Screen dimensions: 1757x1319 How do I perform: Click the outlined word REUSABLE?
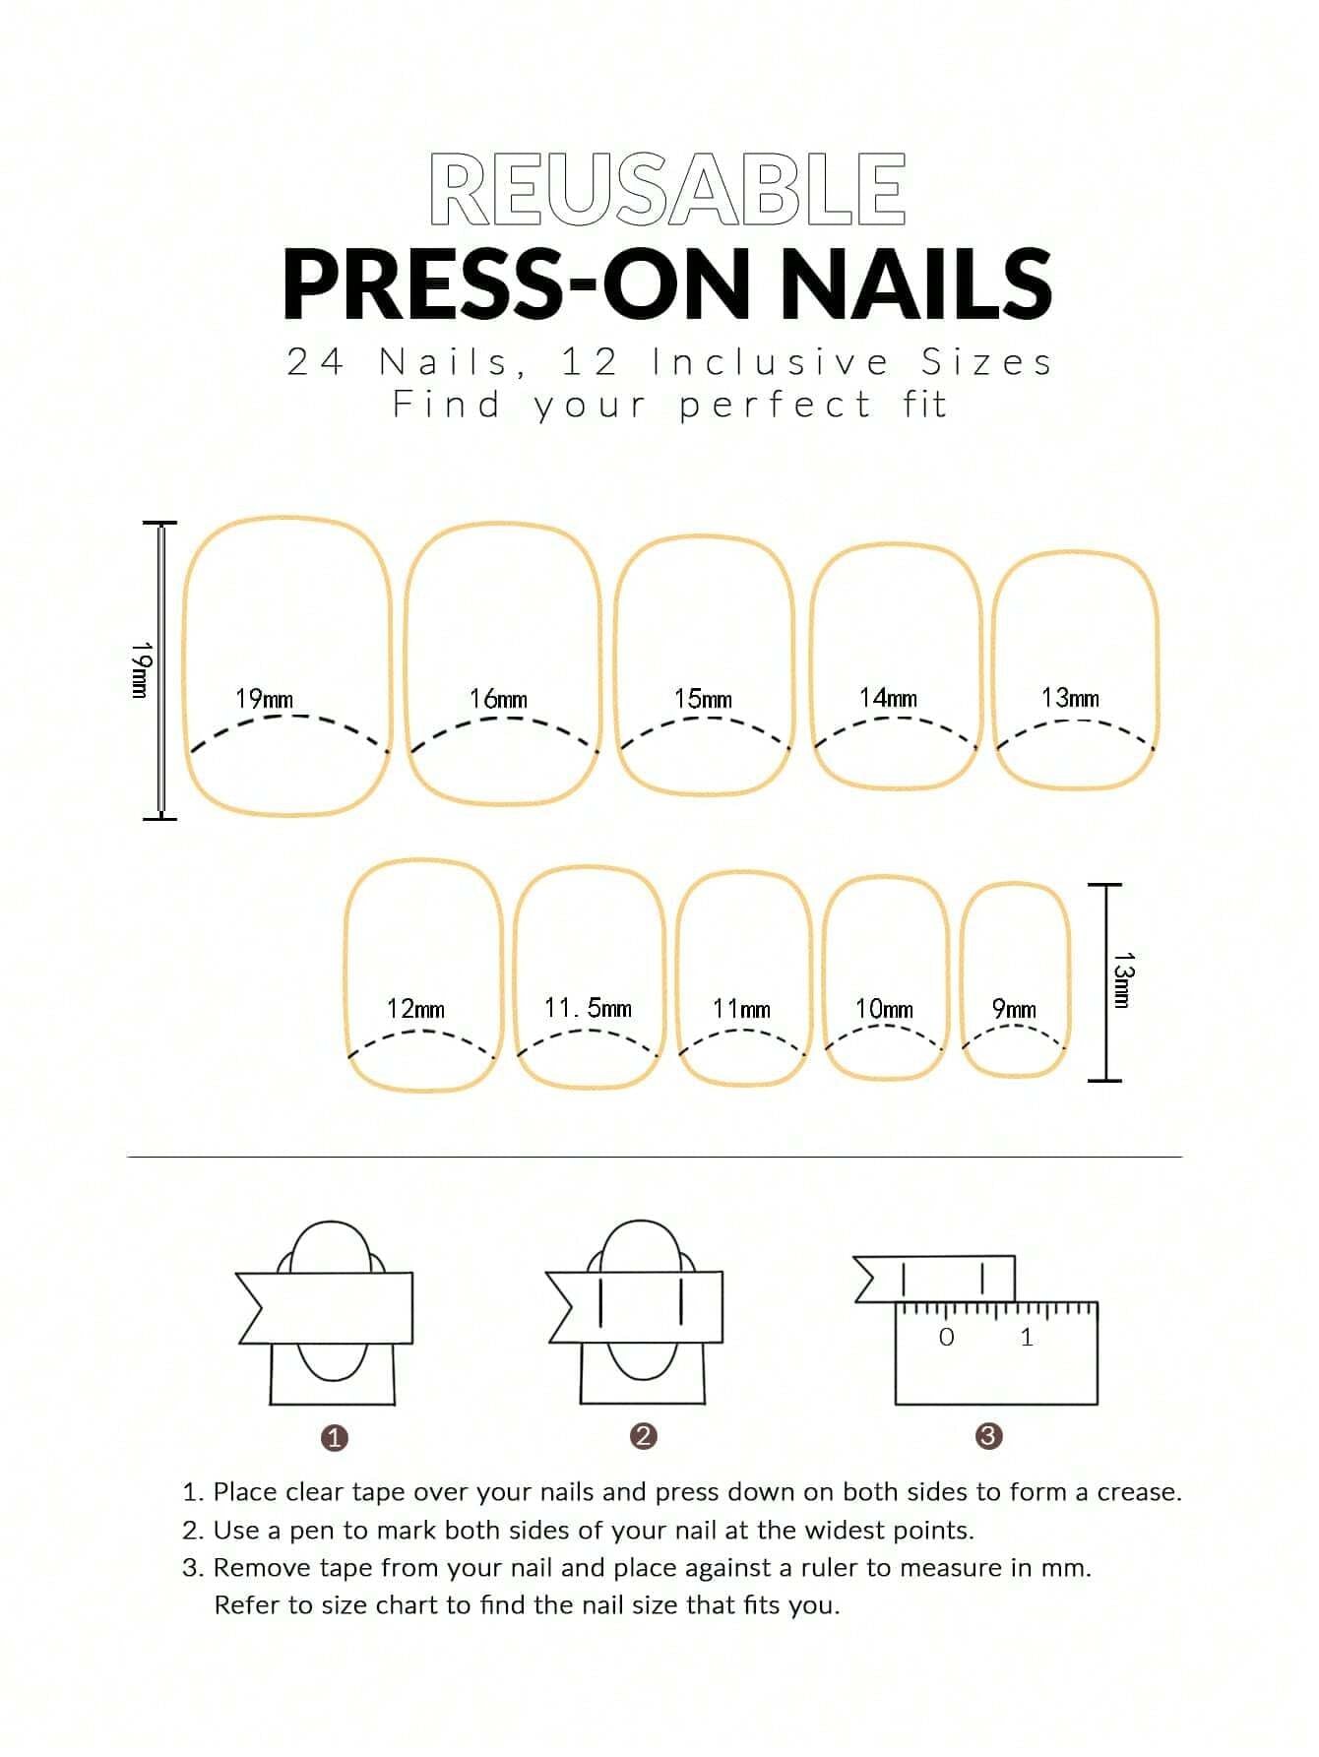pyautogui.click(x=667, y=189)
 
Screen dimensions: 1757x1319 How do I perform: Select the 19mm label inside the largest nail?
pyautogui.click(x=264, y=699)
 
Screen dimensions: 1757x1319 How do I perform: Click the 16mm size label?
pyautogui.click(x=498, y=699)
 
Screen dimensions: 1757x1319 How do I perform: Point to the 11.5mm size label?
pyautogui.click(x=588, y=1008)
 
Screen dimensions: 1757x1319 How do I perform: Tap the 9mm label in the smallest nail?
pyautogui.click(x=1014, y=1009)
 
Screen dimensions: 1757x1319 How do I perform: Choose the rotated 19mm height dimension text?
pyautogui.click(x=141, y=669)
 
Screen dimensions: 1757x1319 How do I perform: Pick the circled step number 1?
pyautogui.click(x=335, y=1437)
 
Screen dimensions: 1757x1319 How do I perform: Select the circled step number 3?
pyautogui.click(x=988, y=1436)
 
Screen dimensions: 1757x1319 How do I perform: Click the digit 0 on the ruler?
pyautogui.click(x=947, y=1337)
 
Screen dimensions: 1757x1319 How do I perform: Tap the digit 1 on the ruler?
pyautogui.click(x=1027, y=1337)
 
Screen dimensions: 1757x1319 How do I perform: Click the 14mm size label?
pyautogui.click(x=888, y=698)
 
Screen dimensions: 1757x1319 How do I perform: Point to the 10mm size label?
pyautogui.click(x=884, y=1009)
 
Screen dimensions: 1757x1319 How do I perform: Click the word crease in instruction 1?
pyautogui.click(x=1138, y=1492)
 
